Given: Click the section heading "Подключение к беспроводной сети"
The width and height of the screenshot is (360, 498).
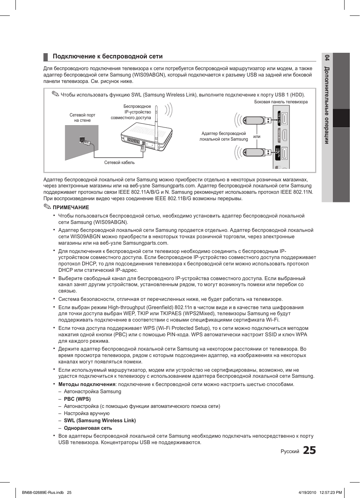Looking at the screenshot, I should (x=107, y=57).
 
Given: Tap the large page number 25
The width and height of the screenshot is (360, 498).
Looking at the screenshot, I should (x=309, y=450).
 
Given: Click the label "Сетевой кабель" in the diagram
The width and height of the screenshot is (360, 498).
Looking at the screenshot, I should (x=119, y=162).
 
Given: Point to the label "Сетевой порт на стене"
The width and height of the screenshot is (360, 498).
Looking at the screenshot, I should (x=82, y=118).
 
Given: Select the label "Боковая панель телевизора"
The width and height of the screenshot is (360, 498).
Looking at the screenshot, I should (x=281, y=102).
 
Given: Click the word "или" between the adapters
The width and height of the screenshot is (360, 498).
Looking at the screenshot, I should (x=257, y=136).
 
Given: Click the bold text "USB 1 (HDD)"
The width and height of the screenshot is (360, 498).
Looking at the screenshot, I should (x=289, y=95).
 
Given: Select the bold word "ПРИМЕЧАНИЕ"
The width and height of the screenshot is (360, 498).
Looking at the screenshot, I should (x=71, y=207).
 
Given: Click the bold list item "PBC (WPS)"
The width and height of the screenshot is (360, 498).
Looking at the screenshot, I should (x=77, y=399).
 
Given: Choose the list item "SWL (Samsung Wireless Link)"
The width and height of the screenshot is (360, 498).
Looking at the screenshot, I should (x=100, y=420).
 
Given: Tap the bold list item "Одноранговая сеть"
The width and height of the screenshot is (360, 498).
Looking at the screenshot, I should (x=88, y=428).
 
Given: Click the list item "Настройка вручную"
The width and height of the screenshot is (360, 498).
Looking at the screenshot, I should (x=87, y=413).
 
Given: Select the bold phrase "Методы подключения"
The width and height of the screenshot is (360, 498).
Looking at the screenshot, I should (x=87, y=384).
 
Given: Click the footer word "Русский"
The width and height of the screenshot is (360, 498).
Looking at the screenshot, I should (x=290, y=451).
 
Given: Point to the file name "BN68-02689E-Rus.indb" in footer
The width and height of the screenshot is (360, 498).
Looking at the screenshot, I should (x=43, y=492).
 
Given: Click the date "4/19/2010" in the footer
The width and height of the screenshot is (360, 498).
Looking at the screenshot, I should (x=307, y=492).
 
